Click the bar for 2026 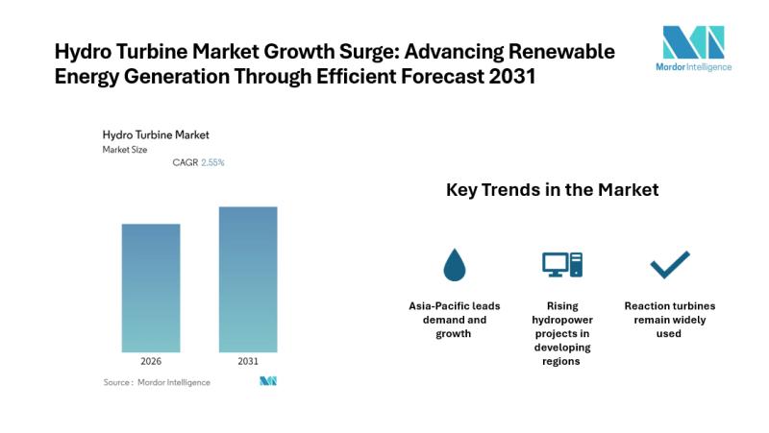point(151,288)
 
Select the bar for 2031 point(247,279)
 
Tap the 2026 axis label point(151,362)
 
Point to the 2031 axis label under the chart point(247,362)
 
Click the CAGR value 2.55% point(212,163)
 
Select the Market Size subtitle point(125,150)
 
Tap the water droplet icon point(454,263)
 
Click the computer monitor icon point(562,264)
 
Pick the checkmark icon point(670,263)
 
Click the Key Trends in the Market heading point(552,190)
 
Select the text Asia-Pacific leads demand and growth point(455,320)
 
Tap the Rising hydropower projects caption point(562,333)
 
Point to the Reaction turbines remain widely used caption point(670,320)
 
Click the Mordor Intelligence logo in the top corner point(693,48)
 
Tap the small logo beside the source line point(268,382)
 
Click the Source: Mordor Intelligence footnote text point(157,382)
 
